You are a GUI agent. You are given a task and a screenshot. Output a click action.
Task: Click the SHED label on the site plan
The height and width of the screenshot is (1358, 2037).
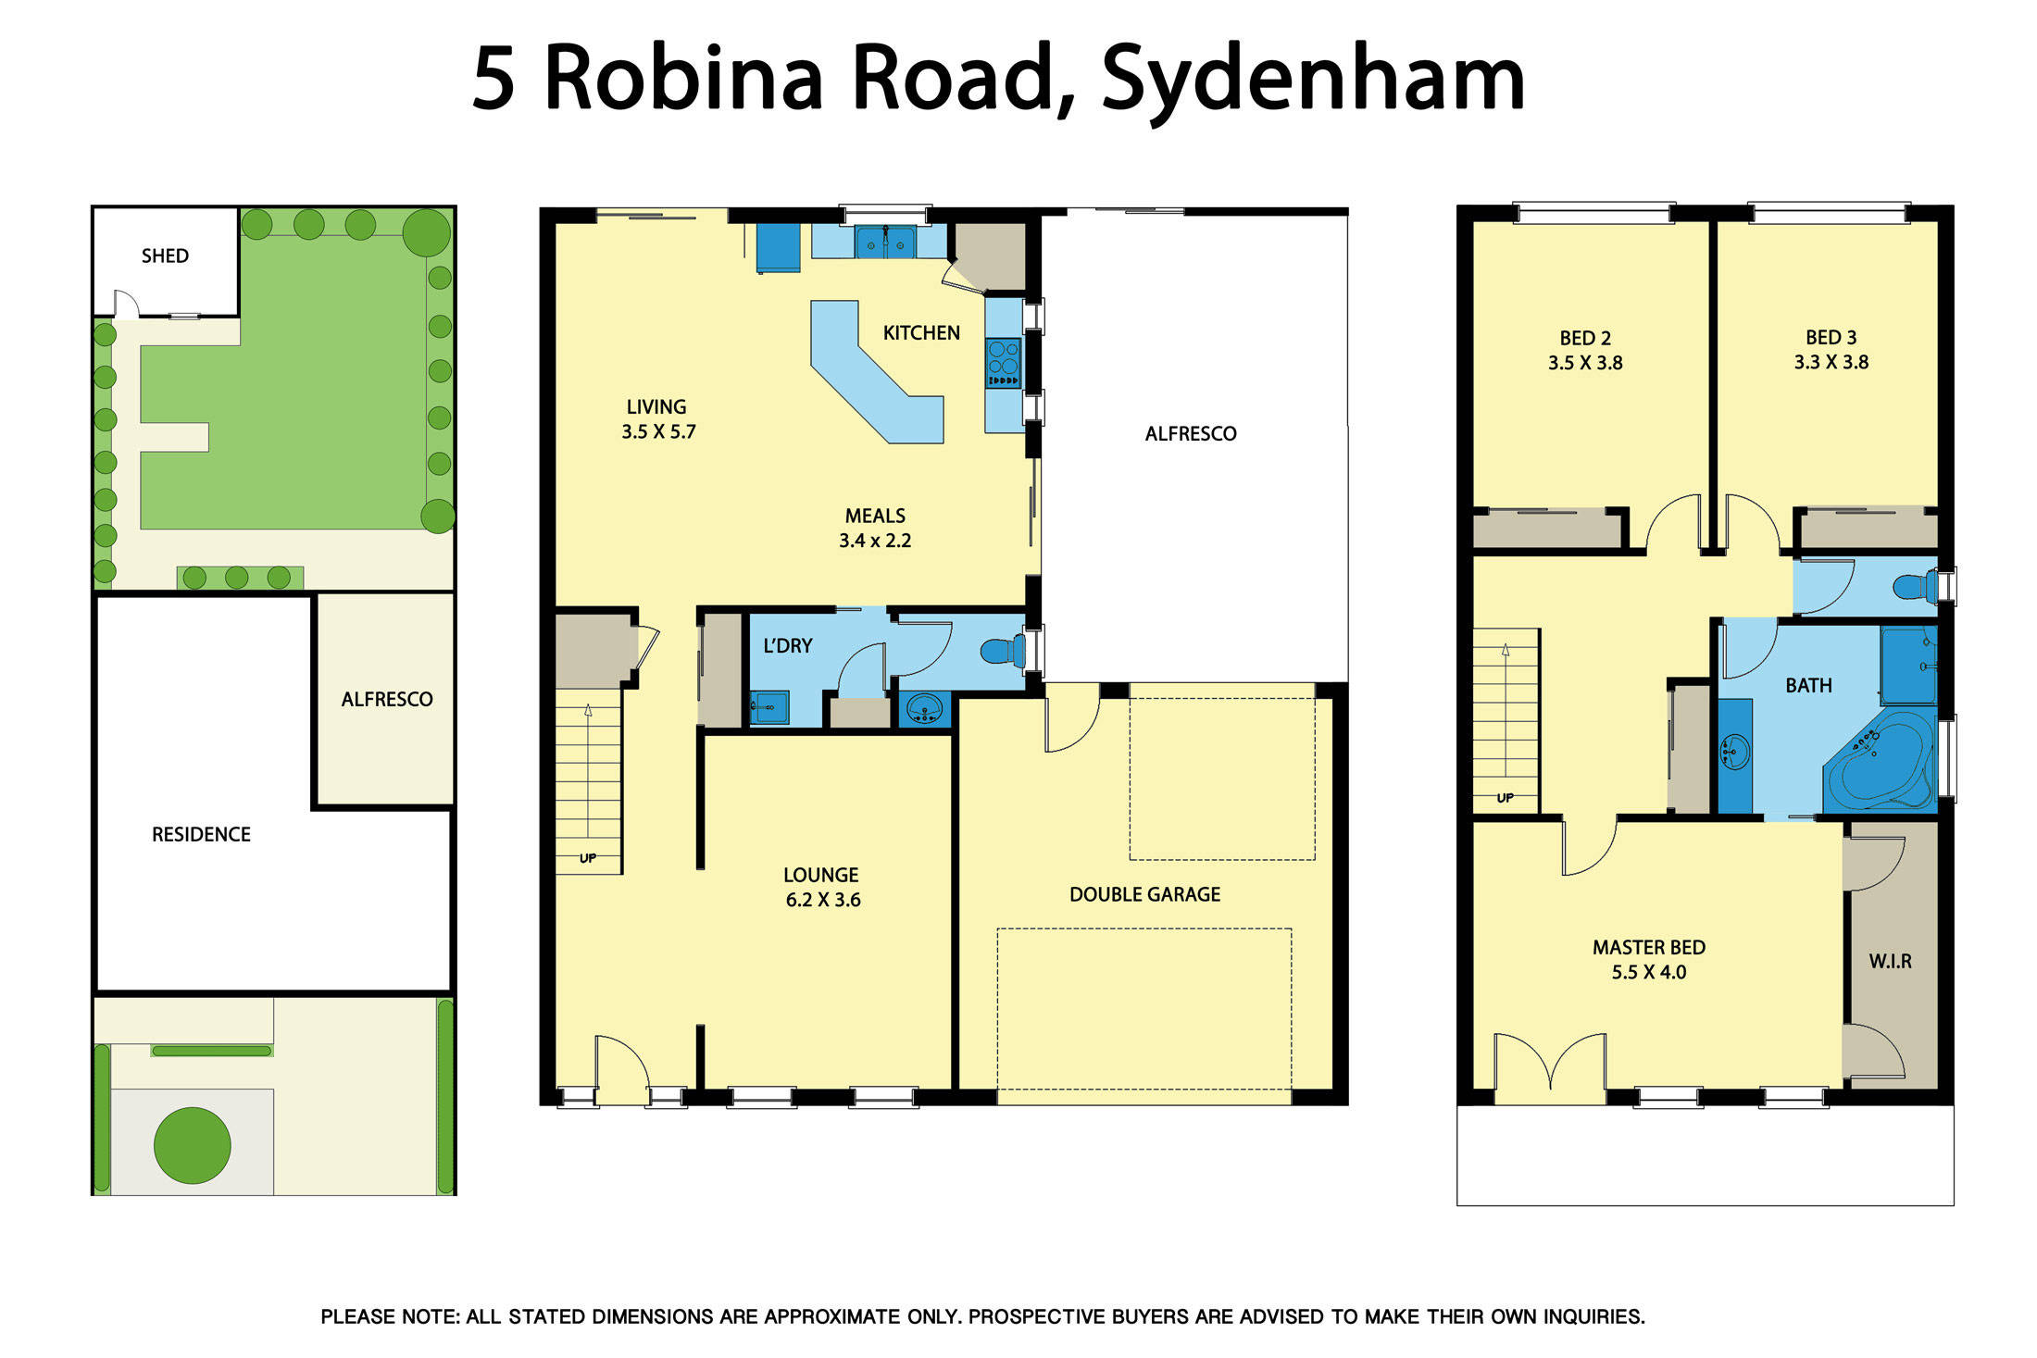coord(165,255)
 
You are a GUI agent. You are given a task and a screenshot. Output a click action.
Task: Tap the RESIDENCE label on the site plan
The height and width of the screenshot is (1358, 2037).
coord(201,834)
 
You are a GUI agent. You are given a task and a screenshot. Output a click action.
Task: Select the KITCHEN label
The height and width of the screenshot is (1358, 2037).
coord(921,332)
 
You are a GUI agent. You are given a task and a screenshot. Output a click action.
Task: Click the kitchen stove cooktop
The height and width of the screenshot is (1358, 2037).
coord(1004,362)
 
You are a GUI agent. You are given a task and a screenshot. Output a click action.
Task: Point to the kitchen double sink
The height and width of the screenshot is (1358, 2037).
coord(885,243)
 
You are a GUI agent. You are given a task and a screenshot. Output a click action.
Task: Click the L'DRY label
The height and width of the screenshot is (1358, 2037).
coord(787,645)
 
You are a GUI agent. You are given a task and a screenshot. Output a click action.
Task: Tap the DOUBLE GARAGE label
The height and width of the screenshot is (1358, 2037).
coord(1144,894)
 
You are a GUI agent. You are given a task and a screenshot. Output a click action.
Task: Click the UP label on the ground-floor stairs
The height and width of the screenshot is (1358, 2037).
coord(588,858)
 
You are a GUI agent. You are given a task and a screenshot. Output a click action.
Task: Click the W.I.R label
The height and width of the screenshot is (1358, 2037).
coord(1890,961)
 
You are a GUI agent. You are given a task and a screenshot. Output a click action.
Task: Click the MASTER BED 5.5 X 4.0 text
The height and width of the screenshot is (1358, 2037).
coord(1648,959)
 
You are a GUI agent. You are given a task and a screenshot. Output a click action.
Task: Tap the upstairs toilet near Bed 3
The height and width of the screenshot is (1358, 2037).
coord(1913,587)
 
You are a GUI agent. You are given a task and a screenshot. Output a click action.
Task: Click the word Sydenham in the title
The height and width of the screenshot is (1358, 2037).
coord(1312,79)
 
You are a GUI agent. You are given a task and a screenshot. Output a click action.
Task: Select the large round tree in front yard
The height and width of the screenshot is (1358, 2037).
coord(192,1145)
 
